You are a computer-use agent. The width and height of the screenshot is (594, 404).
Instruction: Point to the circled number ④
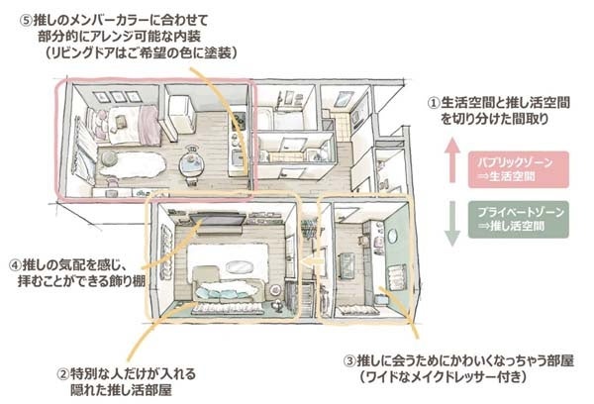pos(15,265)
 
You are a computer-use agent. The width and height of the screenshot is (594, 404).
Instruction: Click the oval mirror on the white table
pos(242,263)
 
